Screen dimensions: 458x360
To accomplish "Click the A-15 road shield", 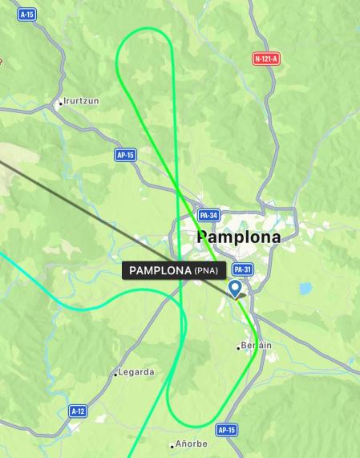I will [27, 14].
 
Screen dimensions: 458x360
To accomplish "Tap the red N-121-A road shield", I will [265, 59].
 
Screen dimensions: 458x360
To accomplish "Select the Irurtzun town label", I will [83, 102].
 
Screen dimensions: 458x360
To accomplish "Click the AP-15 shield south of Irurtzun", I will [125, 155].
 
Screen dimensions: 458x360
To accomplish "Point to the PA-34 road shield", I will [208, 215].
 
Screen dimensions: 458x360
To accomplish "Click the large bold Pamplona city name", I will [239, 237].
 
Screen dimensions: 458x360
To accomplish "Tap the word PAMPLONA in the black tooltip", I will [160, 270].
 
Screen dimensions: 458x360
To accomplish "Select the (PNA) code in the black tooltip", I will [205, 270].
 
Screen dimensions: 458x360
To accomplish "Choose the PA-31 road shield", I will [242, 270].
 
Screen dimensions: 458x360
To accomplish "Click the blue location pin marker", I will [236, 288].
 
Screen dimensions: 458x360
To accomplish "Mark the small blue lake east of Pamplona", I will [305, 287].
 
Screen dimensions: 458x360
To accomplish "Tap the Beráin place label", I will [257, 345].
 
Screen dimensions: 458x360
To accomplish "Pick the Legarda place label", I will [136, 372].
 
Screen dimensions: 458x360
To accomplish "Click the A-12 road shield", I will [78, 411].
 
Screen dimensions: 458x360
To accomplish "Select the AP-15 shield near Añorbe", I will [227, 430].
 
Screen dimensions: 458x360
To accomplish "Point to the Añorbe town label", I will [192, 444].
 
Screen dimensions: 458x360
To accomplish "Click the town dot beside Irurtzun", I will [59, 103].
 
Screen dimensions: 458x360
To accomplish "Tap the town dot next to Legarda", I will [115, 373].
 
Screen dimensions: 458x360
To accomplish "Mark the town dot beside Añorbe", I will [172, 445].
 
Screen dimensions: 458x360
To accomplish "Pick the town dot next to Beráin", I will [238, 347].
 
